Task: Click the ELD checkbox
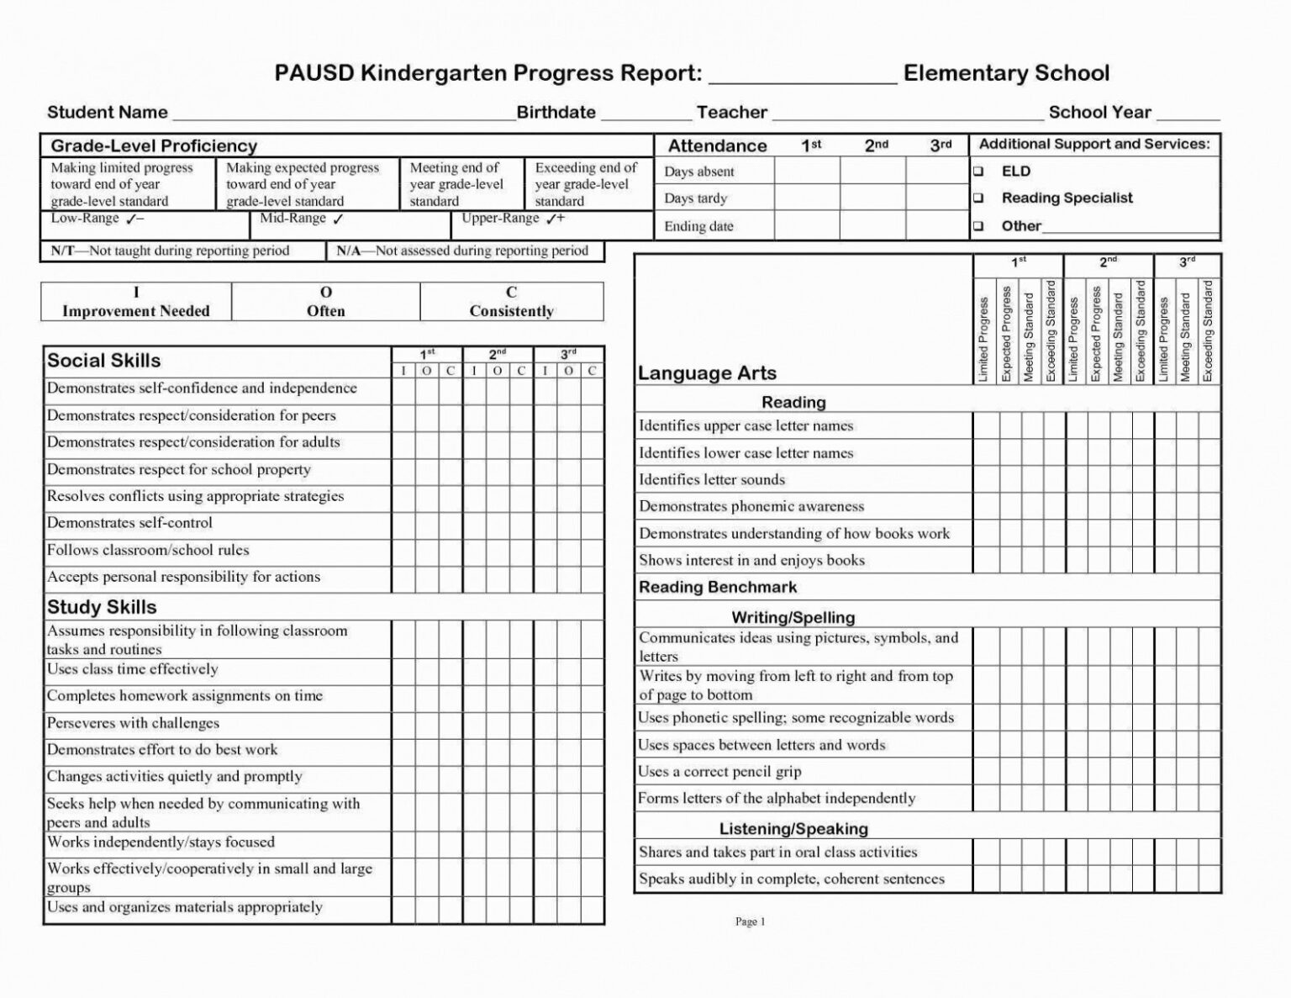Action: click(978, 172)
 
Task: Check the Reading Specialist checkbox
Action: click(978, 198)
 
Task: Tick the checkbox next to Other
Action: click(978, 226)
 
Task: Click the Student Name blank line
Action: click(343, 114)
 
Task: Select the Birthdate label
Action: click(556, 113)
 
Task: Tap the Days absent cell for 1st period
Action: click(806, 172)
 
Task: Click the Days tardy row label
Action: click(695, 198)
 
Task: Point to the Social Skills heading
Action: click(103, 361)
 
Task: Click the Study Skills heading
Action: click(102, 607)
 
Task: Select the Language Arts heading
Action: click(707, 373)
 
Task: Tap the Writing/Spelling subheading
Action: click(793, 617)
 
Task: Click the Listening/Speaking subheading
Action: click(793, 829)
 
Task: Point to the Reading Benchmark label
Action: click(717, 587)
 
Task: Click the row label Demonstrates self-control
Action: click(129, 523)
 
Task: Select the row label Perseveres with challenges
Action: click(133, 723)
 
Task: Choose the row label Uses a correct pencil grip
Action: click(719, 772)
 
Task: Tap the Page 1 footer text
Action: click(750, 921)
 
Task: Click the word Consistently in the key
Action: click(511, 311)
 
